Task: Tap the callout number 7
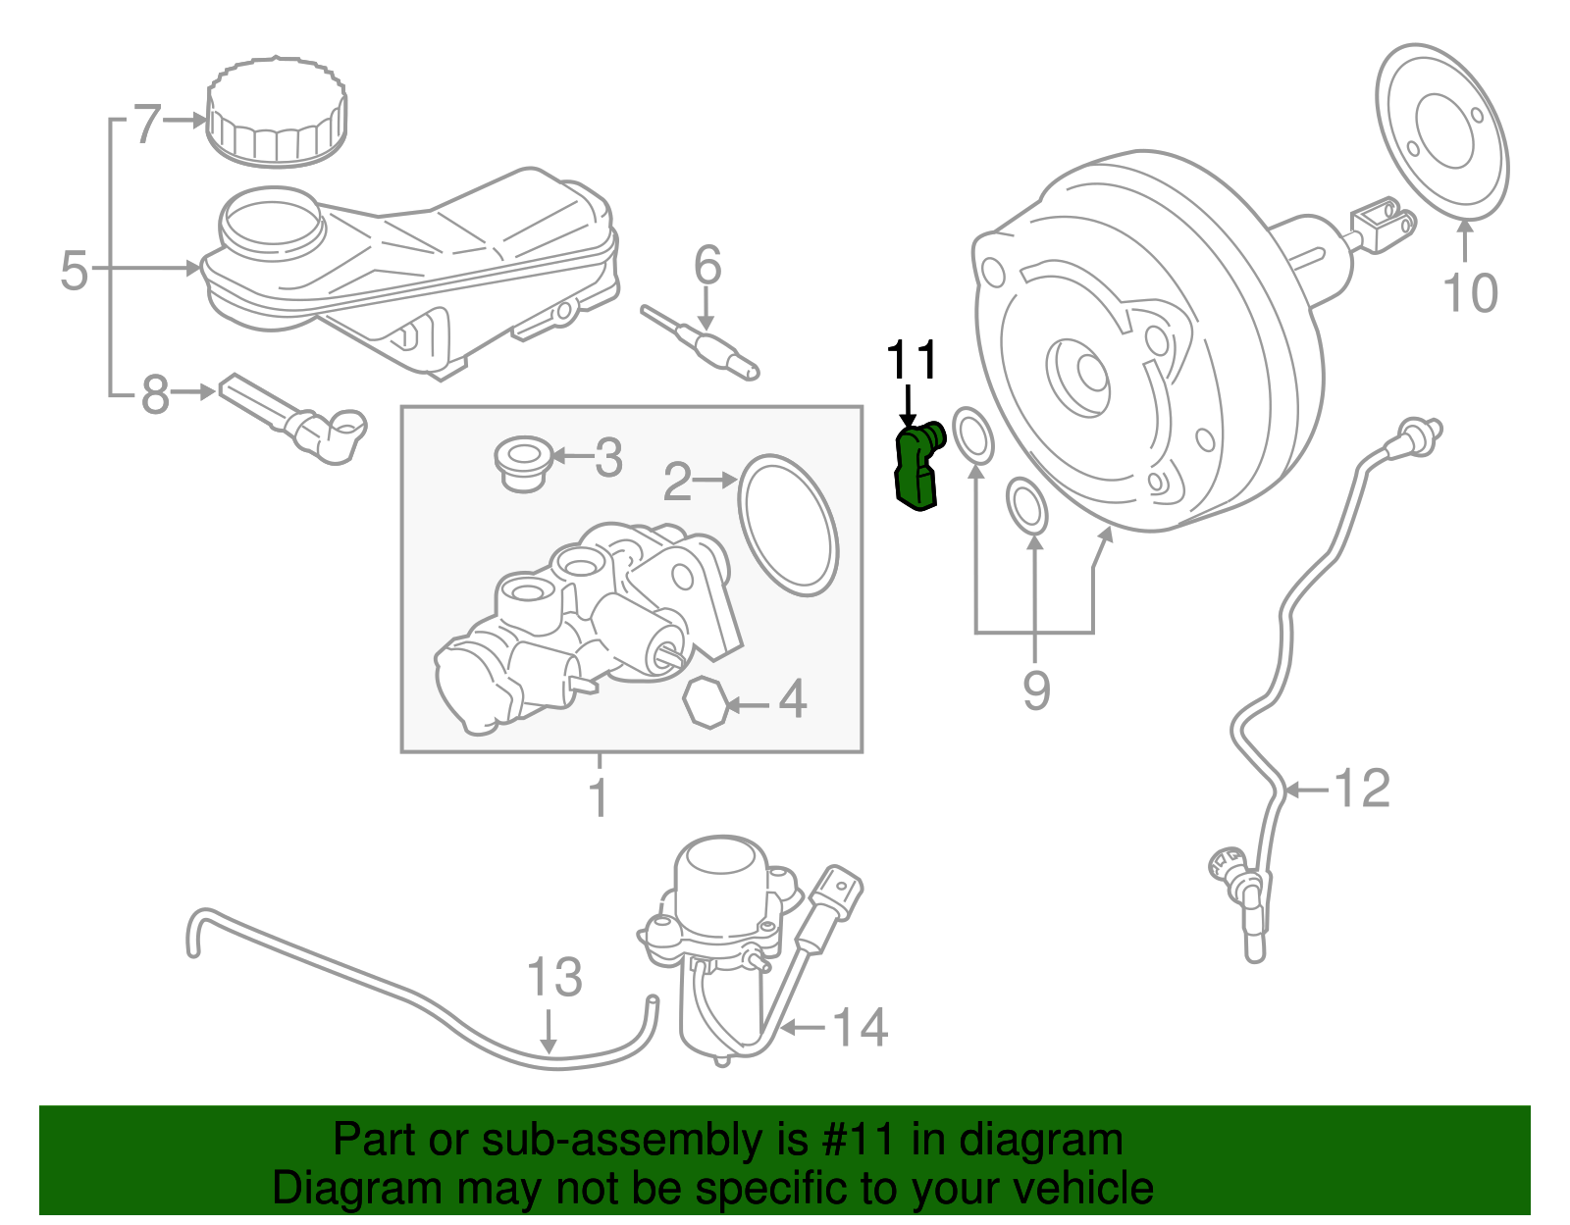click(x=146, y=124)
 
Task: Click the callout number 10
click(x=1470, y=292)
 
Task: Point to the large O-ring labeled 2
click(x=788, y=525)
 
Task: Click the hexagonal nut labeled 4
click(x=706, y=702)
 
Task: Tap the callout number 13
click(x=554, y=978)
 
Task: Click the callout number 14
click(x=860, y=1027)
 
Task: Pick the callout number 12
click(x=1363, y=789)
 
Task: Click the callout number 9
click(x=1036, y=689)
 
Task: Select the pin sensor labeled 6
click(x=702, y=344)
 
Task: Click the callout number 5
click(x=74, y=270)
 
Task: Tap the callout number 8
click(x=155, y=394)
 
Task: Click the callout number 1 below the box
click(x=599, y=796)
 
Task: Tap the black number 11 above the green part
click(x=912, y=361)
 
